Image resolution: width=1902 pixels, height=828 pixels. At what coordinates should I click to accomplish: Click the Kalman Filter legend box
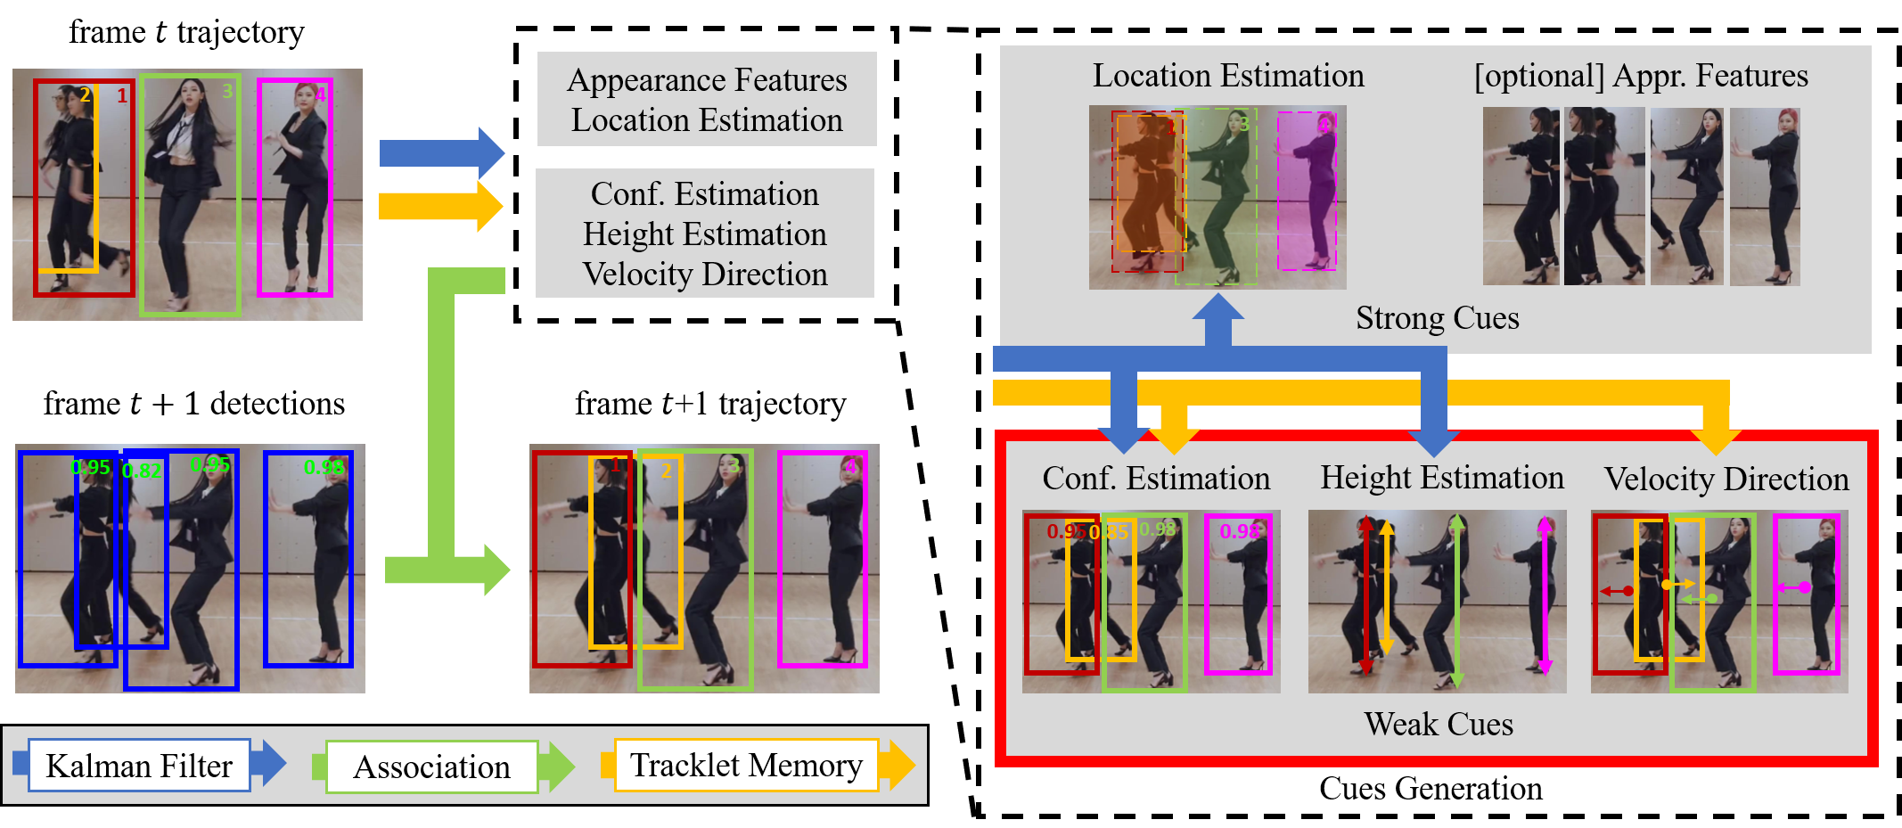[x=139, y=766]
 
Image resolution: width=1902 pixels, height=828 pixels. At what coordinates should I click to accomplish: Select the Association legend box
[x=431, y=767]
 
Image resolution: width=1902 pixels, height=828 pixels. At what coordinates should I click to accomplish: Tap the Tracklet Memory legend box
[x=746, y=765]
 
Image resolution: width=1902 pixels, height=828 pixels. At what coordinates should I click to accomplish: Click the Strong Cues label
[x=1437, y=318]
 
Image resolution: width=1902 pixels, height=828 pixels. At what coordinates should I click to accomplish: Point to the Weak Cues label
[x=1438, y=724]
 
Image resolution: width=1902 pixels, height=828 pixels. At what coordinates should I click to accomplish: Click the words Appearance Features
[x=707, y=80]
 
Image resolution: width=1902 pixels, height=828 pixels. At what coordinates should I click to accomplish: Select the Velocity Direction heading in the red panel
[x=1726, y=480]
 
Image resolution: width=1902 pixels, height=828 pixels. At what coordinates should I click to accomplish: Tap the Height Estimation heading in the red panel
[x=1441, y=478]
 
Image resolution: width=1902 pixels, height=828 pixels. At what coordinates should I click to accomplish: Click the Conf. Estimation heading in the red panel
[x=1156, y=479]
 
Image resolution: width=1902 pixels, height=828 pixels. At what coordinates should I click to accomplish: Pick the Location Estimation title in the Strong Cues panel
[x=1228, y=76]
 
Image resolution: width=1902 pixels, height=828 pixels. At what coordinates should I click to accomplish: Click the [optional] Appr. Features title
[x=1641, y=76]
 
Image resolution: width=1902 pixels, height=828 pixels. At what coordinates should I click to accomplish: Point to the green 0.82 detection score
[x=142, y=471]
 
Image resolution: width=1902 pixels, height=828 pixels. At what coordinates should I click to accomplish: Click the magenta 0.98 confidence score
[x=1240, y=531]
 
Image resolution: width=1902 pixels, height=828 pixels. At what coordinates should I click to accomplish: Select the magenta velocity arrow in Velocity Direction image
[x=1792, y=587]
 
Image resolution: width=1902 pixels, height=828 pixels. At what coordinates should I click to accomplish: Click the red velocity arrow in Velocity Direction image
[x=1616, y=591]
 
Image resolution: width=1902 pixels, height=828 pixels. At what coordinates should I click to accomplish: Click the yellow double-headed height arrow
[x=1386, y=588]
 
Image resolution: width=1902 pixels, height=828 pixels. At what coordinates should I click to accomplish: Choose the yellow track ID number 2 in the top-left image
[x=86, y=94]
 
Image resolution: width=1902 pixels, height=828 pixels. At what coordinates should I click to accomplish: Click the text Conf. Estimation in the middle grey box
[x=704, y=194]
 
